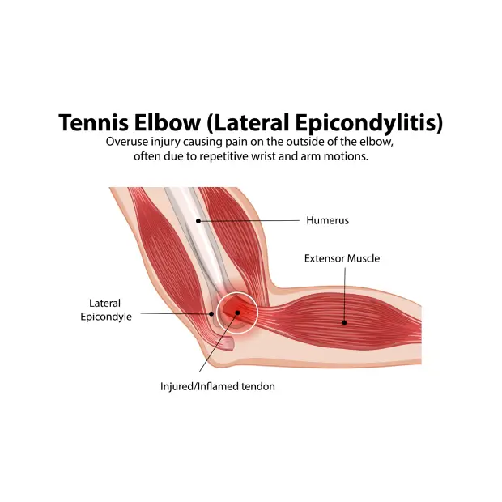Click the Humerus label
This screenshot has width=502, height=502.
point(327,220)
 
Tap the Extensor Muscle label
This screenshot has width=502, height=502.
point(342,259)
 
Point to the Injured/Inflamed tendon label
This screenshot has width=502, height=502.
point(217,387)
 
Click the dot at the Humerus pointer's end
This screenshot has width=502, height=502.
point(198,220)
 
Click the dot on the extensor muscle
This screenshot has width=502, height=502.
point(344,322)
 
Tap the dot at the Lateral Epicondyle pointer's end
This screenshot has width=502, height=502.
point(211,313)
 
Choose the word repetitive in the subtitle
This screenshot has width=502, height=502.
point(206,157)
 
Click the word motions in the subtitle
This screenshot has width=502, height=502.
point(345,157)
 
